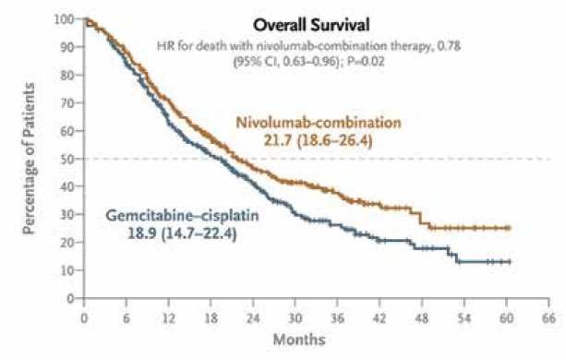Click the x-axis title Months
click(x=298, y=340)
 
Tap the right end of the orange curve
click(x=509, y=228)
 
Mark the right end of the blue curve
click(x=510, y=262)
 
